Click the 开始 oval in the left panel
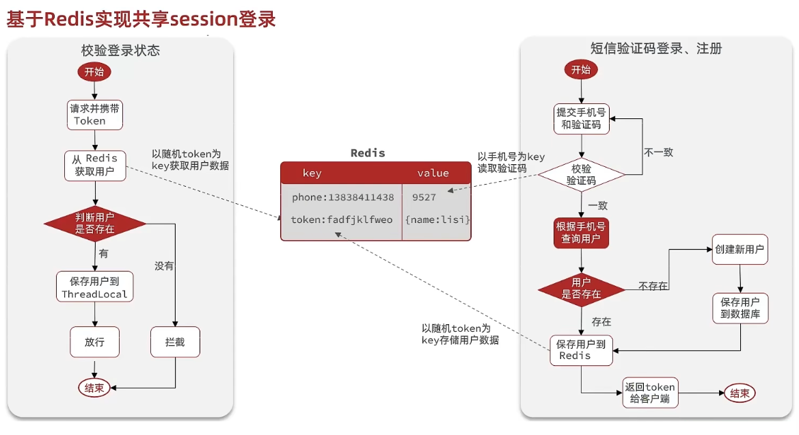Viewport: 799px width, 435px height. [94, 71]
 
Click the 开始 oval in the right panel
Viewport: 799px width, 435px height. [581, 70]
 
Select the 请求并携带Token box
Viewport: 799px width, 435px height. [94, 115]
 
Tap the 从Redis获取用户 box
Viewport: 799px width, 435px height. [95, 165]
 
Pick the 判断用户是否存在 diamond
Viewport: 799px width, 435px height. [95, 224]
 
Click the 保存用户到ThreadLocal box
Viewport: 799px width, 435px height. [95, 288]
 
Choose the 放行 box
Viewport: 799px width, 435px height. [94, 342]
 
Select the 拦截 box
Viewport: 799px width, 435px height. [175, 342]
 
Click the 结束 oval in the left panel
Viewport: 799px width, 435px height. [94, 388]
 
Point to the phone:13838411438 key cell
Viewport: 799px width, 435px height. [342, 197]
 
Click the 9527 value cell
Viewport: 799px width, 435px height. [424, 197]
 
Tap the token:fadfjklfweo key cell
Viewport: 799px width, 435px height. [342, 220]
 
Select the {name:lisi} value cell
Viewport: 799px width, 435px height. [437, 220]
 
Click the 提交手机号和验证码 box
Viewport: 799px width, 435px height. [581, 118]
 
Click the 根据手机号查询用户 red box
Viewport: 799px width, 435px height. [581, 233]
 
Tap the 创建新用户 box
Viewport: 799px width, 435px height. [740, 250]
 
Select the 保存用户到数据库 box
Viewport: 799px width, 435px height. [740, 308]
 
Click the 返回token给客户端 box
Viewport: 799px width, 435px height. [649, 393]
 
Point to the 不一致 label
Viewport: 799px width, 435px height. [658, 153]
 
